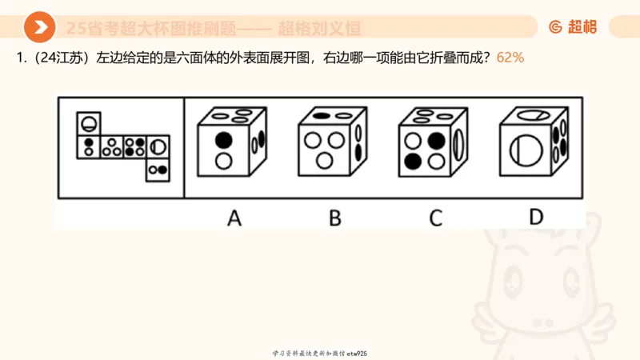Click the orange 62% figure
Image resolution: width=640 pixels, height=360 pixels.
point(510,58)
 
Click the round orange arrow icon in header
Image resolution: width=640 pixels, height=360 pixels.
point(39,28)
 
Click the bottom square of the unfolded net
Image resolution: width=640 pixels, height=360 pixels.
point(158,169)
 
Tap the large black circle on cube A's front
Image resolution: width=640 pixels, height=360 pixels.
point(225,141)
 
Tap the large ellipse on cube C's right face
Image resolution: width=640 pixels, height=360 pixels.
point(459,146)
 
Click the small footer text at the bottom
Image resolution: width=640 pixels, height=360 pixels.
point(319,353)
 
